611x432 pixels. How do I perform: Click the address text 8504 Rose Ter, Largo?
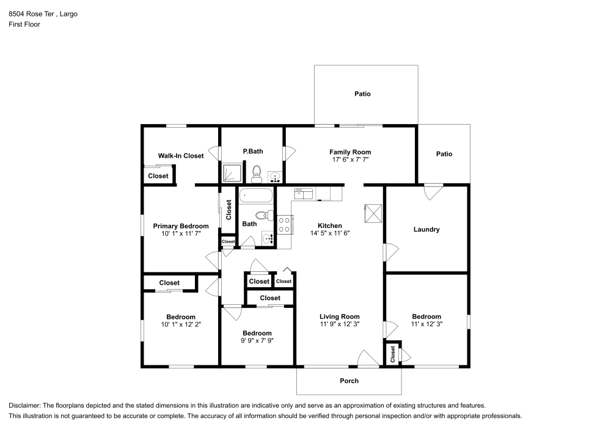43,13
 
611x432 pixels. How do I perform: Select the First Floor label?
24,24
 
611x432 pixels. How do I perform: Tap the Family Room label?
350,152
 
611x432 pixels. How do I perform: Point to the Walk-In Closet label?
181,156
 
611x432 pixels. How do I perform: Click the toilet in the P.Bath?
257,174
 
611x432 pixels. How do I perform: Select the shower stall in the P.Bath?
232,174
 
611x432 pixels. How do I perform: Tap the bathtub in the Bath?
257,196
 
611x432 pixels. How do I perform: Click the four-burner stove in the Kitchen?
284,225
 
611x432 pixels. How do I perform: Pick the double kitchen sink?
304,194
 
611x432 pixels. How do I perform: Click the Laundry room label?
426,230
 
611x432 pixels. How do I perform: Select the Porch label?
349,381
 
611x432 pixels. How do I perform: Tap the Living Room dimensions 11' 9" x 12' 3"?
340,324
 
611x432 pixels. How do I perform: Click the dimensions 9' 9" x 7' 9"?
257,341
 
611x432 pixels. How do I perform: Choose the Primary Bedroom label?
181,226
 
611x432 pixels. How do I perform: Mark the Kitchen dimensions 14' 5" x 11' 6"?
330,233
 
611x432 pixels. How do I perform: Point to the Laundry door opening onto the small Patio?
433,191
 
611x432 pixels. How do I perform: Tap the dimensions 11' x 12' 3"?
426,324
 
